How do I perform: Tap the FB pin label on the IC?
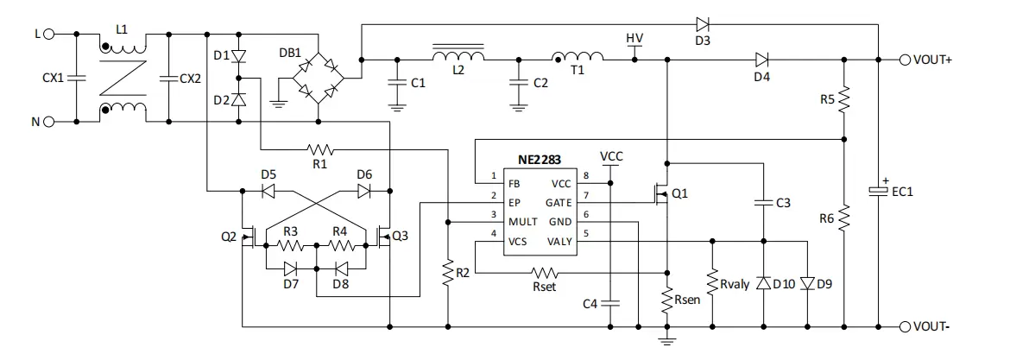point(515,184)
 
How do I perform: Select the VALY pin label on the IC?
point(559,242)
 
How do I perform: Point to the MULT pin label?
point(523,222)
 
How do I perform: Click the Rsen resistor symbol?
point(666,300)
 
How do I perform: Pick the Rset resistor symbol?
point(544,273)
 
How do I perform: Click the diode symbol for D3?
point(703,24)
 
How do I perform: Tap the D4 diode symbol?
point(762,60)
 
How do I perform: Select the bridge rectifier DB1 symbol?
point(319,79)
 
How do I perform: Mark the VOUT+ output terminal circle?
point(906,60)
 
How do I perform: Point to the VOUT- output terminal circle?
point(906,326)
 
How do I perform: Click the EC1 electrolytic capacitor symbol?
point(878,191)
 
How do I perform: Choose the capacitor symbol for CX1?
point(77,78)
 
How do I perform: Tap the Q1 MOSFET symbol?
point(659,193)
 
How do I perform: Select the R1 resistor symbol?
point(320,150)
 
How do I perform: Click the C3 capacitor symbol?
point(763,203)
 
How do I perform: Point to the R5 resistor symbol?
point(843,100)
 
